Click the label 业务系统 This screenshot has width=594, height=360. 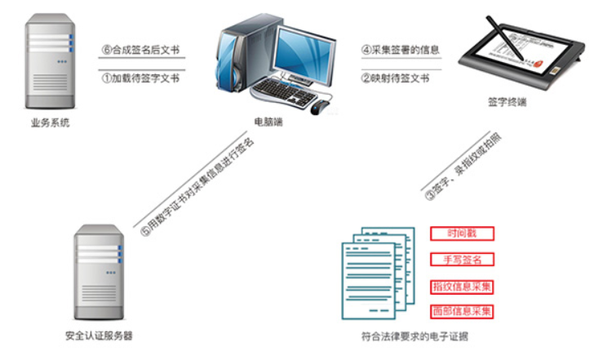(50, 122)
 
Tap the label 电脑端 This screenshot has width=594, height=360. (268, 122)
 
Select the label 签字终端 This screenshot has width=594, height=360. (507, 102)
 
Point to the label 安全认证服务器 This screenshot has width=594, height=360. (99, 336)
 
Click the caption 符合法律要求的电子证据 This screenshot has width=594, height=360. (414, 336)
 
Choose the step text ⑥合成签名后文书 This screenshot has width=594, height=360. (140, 50)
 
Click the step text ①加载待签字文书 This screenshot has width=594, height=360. (140, 78)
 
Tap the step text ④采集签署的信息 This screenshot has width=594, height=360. (400, 50)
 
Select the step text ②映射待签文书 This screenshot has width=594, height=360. (395, 78)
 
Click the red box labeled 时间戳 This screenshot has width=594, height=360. (462, 233)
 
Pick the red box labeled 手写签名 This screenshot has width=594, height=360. (462, 260)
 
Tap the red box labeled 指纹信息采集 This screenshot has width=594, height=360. (462, 287)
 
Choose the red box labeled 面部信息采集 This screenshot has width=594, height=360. (462, 312)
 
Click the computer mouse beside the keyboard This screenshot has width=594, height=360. (320, 107)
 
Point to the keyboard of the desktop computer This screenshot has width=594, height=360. (283, 93)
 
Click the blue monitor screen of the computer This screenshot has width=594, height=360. (304, 56)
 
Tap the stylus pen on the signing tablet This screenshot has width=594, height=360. (504, 38)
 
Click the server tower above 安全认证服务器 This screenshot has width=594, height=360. (99, 272)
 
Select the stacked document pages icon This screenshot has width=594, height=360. (378, 273)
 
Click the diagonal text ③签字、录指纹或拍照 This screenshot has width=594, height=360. (463, 167)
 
